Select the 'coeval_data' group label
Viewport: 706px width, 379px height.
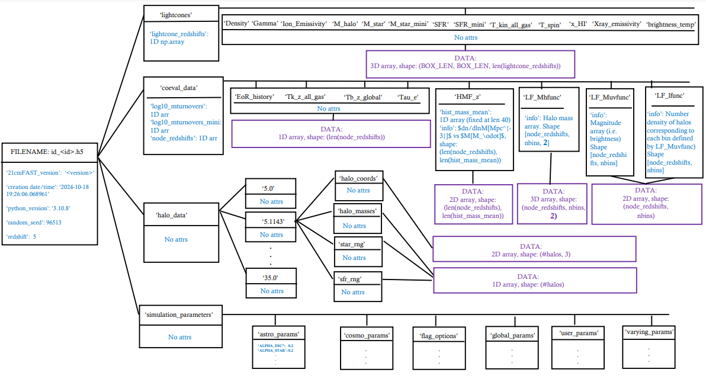[x=179, y=88]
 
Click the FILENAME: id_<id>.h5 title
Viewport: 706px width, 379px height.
[x=47, y=152]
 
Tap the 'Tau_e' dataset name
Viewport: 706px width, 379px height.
[x=408, y=97]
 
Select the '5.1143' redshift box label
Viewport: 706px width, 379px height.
[x=272, y=221]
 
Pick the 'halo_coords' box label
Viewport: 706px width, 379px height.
[x=359, y=178]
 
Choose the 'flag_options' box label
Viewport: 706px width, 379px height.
[x=439, y=336]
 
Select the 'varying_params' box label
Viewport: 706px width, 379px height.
[x=650, y=332]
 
